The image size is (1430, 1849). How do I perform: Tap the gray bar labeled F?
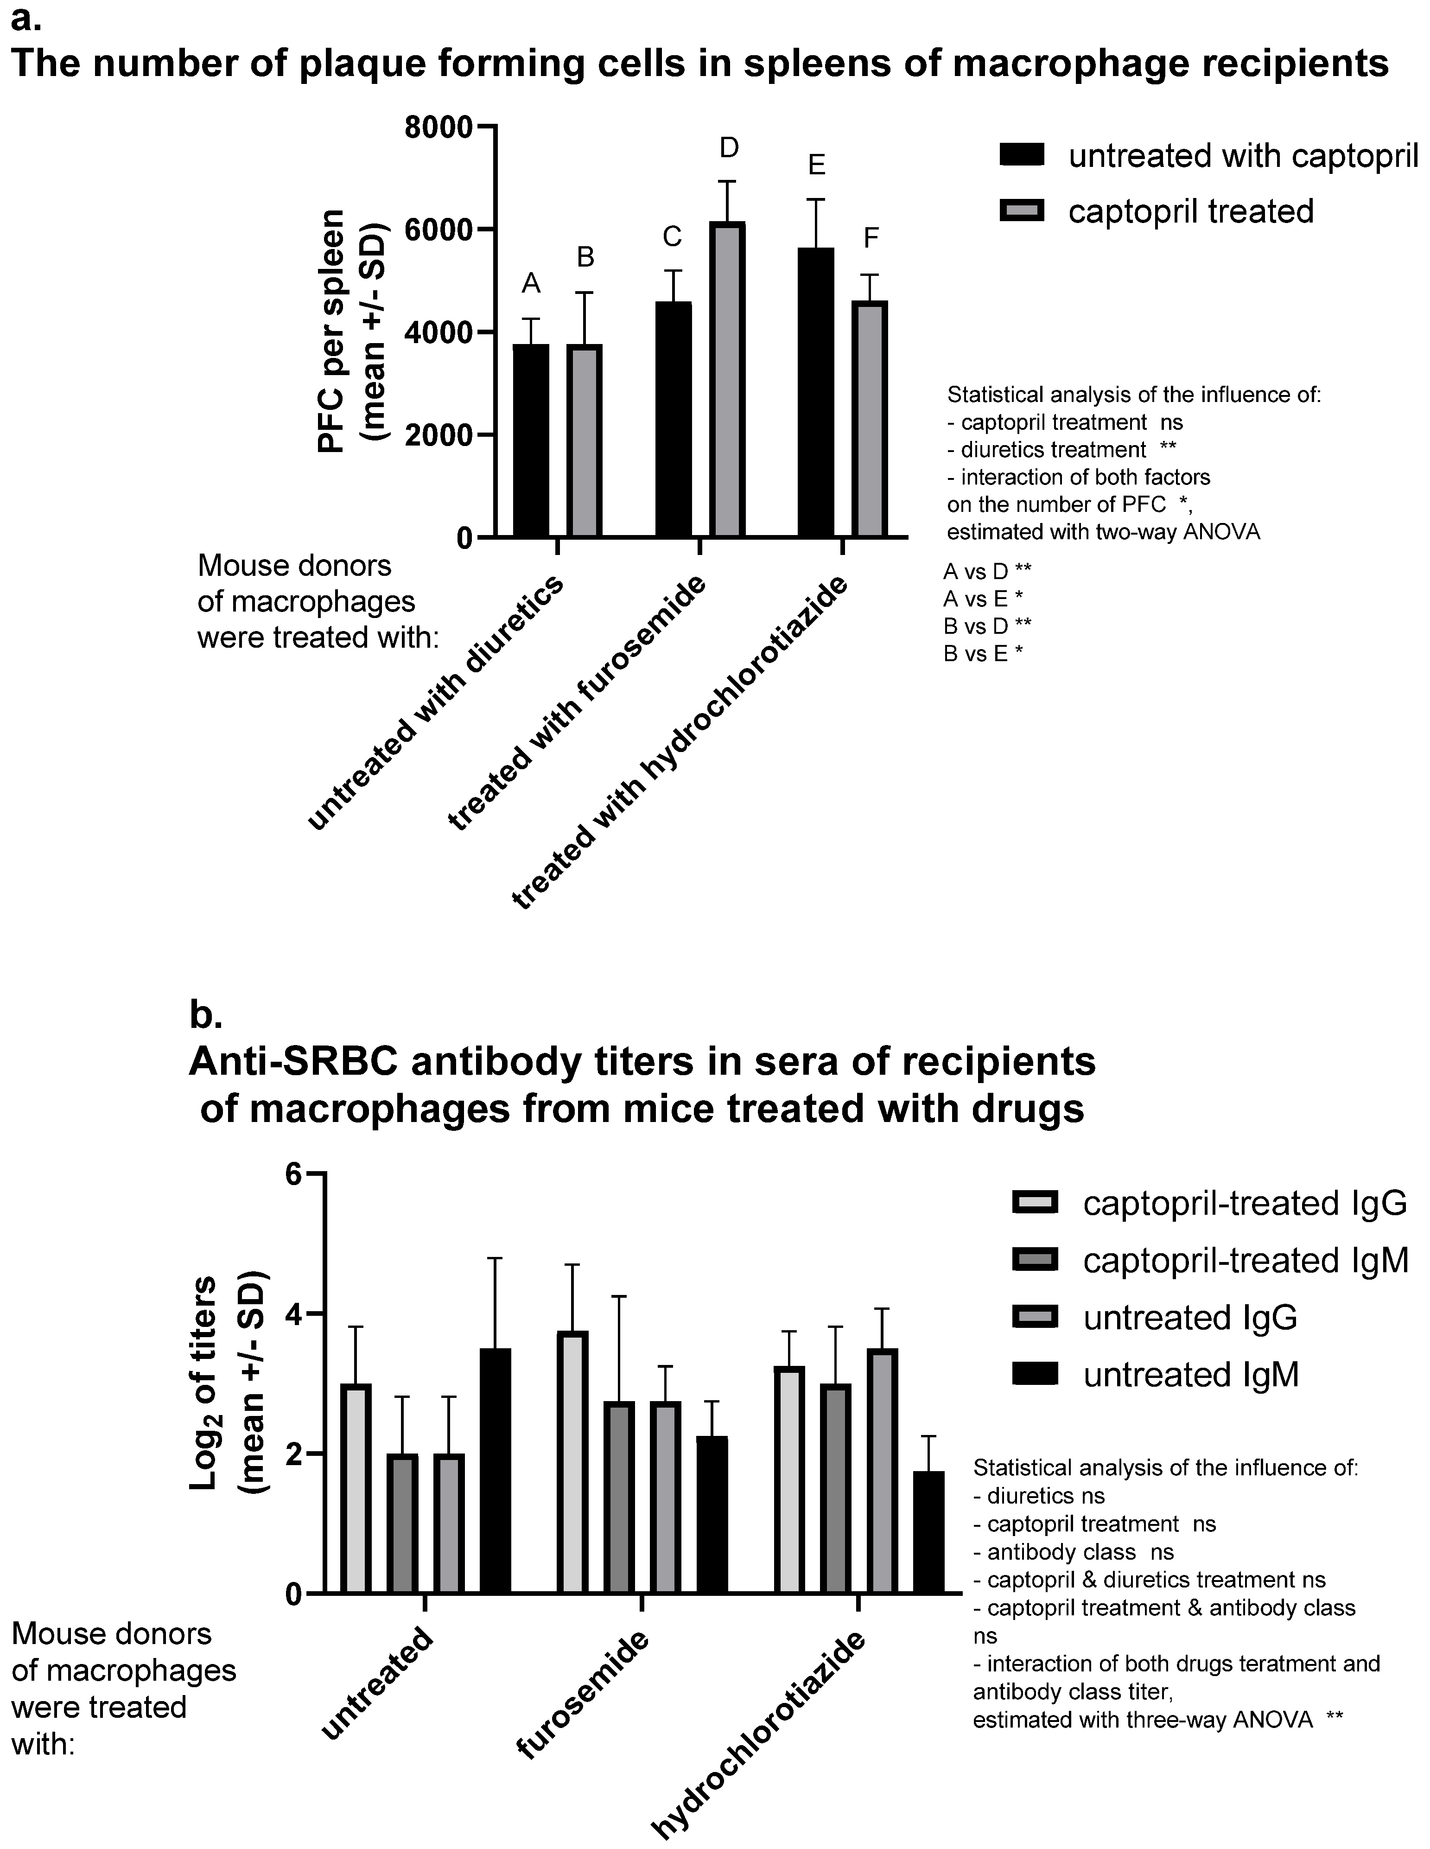coord(870,419)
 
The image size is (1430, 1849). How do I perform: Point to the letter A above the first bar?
coord(531,284)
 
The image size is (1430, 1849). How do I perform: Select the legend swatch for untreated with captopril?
coord(1022,155)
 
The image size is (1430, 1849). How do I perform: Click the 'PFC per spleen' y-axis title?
coord(332,330)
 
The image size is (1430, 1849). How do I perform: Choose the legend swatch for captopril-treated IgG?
coord(1035,1202)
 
